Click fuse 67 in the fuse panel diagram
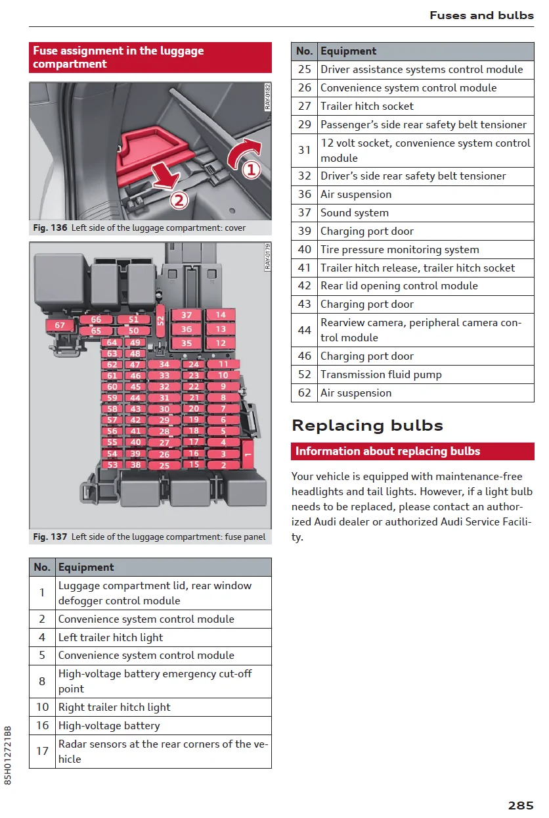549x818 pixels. pyautogui.click(x=60, y=325)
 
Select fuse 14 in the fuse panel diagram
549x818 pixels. pyautogui.click(x=221, y=315)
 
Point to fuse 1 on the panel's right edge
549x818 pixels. pyautogui.click(x=248, y=454)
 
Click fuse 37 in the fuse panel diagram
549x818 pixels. pyautogui.click(x=187, y=315)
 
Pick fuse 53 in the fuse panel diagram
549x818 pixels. pyautogui.click(x=113, y=465)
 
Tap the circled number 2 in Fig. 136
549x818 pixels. pyautogui.click(x=179, y=200)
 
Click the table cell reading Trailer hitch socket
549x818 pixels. pyautogui.click(x=366, y=107)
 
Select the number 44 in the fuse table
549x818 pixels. pyautogui.click(x=304, y=330)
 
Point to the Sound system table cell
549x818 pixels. pyautogui.click(x=355, y=213)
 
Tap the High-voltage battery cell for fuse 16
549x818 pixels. pyautogui.click(x=109, y=726)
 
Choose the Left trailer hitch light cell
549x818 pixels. pyautogui.click(x=110, y=638)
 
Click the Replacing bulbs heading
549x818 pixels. pyautogui.click(x=367, y=425)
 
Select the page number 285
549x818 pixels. pyautogui.click(x=520, y=806)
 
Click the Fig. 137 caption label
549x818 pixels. pyautogui.click(x=51, y=537)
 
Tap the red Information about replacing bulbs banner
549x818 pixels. pyautogui.click(x=412, y=452)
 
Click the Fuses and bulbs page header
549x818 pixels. pyautogui.click(x=481, y=15)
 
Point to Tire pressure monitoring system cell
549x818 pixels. pyautogui.click(x=399, y=250)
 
